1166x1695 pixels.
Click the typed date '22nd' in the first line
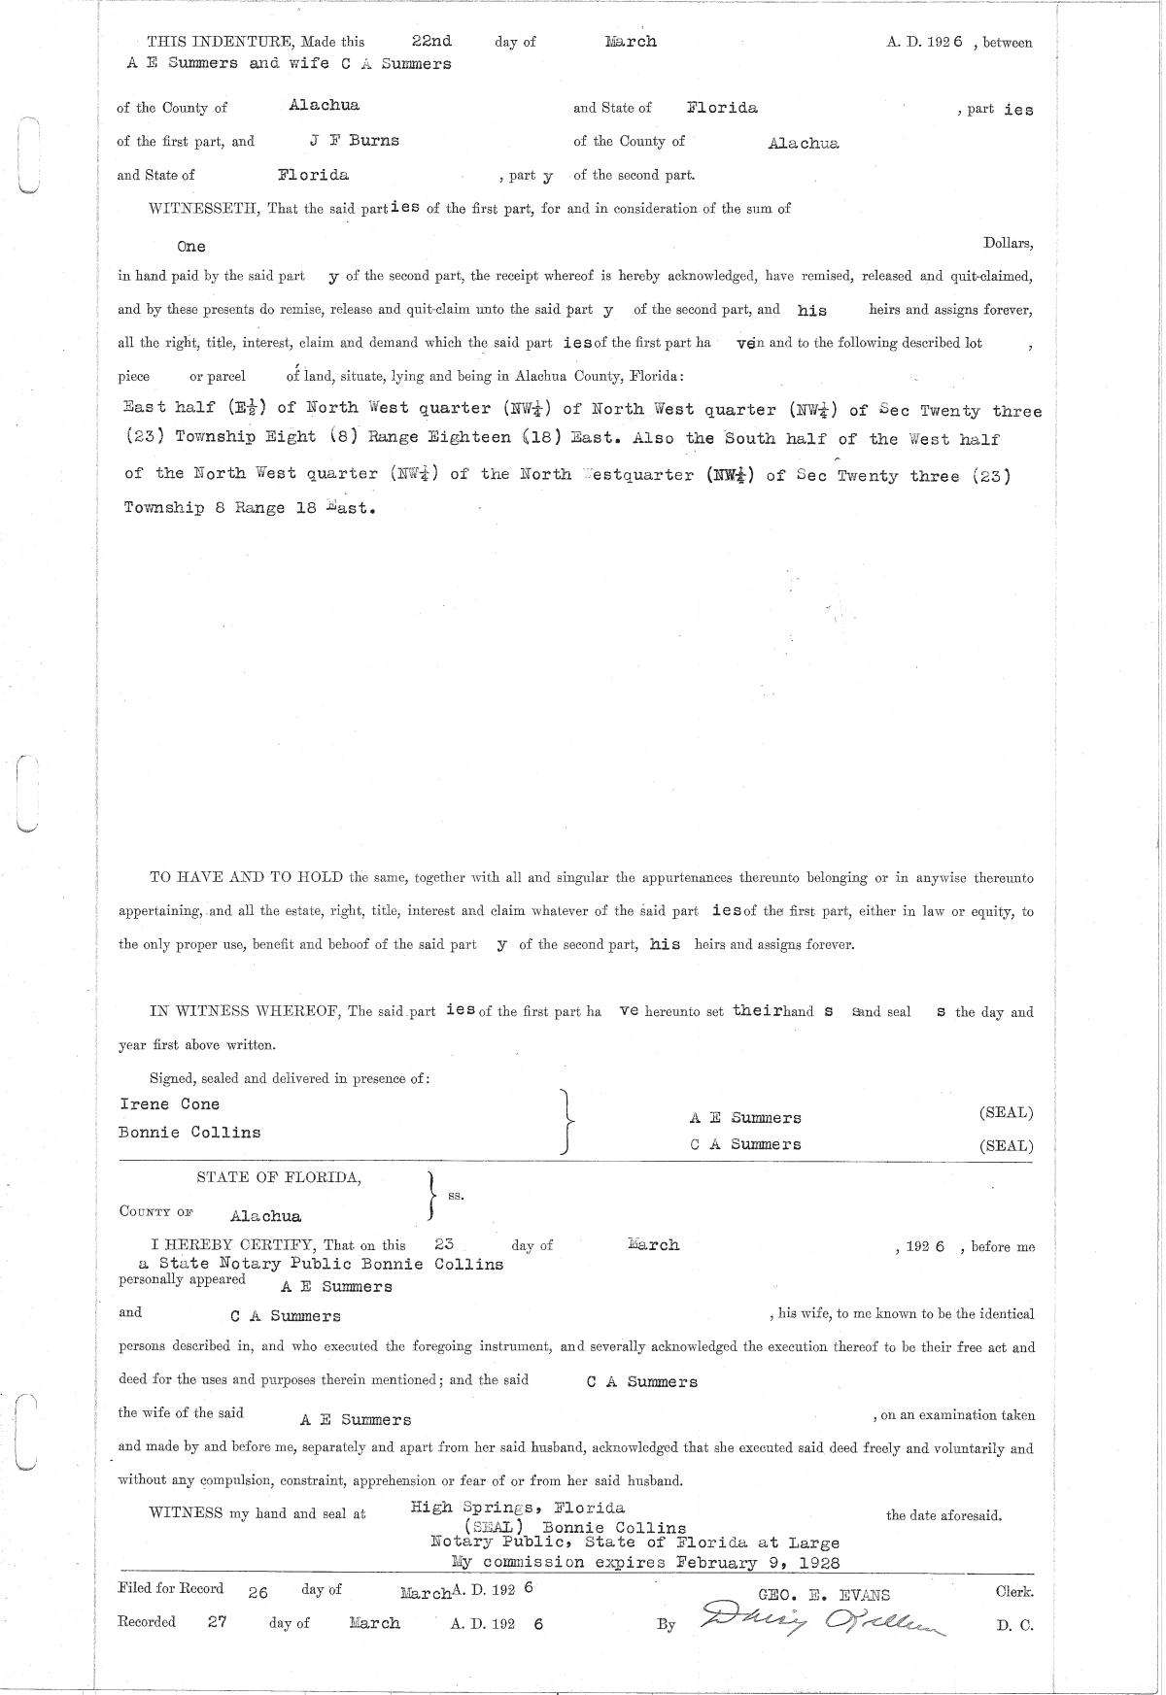tap(431, 42)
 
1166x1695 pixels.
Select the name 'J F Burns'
tap(354, 141)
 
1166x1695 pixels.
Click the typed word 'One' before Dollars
tap(191, 247)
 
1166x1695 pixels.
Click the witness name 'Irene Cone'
tap(169, 1104)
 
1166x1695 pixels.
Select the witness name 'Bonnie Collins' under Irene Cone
tap(189, 1133)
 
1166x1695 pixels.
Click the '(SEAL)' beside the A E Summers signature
tap(1006, 1113)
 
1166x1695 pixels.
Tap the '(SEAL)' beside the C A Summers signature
tap(1006, 1146)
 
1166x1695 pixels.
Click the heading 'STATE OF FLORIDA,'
tap(279, 1177)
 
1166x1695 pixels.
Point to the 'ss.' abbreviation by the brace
tap(456, 1196)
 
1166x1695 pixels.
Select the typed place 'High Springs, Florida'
tap(518, 1509)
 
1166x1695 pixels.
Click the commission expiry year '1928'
tap(816, 1563)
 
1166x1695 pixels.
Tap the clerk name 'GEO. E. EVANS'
tap(824, 1594)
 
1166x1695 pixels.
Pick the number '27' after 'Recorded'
tap(217, 1621)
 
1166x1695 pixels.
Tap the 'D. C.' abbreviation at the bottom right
tap(1015, 1626)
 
